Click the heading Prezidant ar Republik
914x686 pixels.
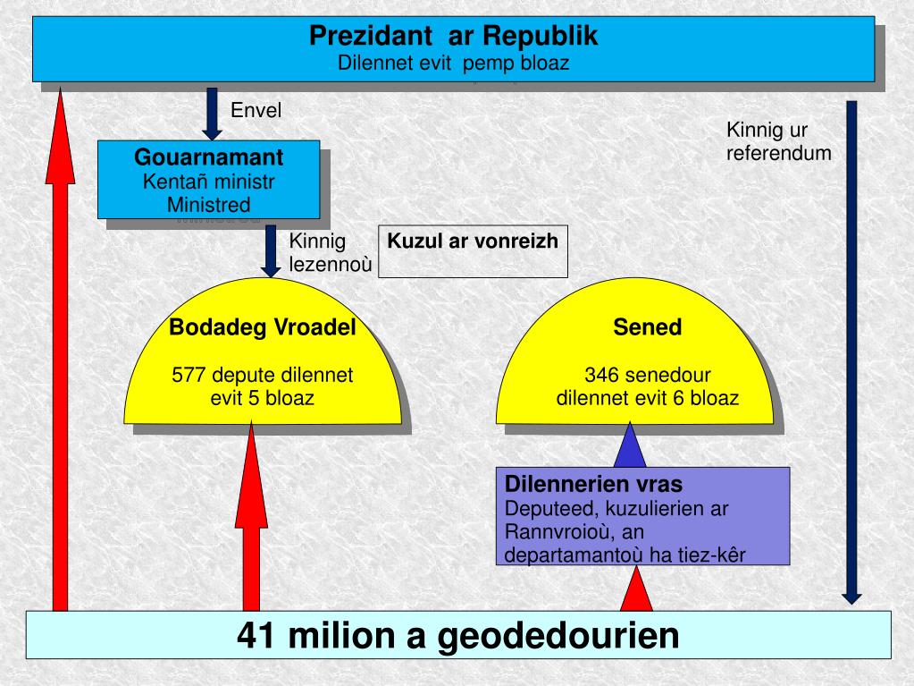click(x=453, y=36)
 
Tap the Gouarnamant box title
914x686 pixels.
click(x=209, y=158)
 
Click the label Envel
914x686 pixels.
click(x=256, y=111)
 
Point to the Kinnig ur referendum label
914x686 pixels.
click(x=778, y=141)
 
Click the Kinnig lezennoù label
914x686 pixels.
click(x=330, y=253)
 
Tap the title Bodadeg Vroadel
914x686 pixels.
click(x=263, y=328)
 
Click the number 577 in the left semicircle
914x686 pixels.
click(x=189, y=375)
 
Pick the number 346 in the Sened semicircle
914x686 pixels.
click(x=601, y=375)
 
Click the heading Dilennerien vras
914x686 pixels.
click(x=593, y=485)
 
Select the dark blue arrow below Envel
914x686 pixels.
click(x=213, y=114)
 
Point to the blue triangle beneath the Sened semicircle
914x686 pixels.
click(x=630, y=447)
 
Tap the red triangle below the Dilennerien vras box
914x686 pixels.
click(x=636, y=590)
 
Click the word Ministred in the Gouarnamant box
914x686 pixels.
click(x=208, y=204)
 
